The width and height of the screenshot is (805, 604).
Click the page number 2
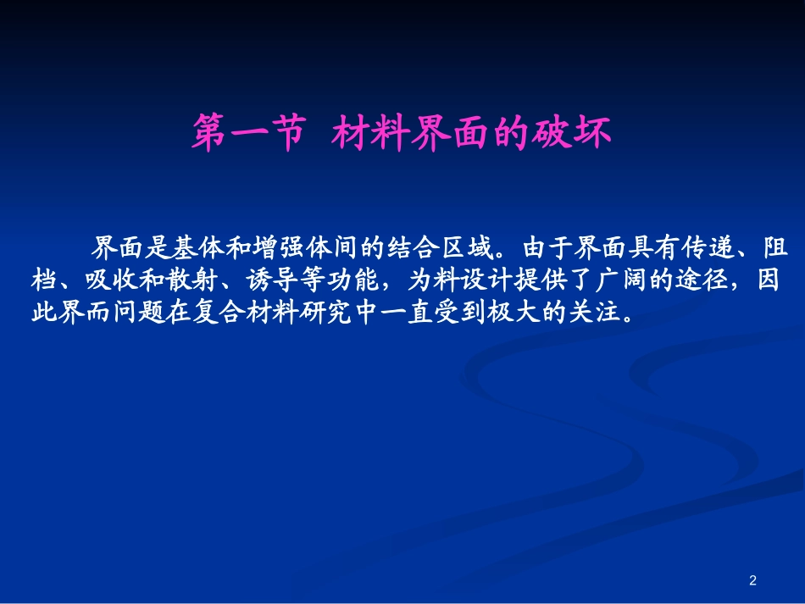[752, 580]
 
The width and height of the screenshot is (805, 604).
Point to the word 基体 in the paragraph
[197, 247]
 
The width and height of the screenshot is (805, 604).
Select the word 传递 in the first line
[708, 247]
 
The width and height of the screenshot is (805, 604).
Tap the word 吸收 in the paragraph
[112, 280]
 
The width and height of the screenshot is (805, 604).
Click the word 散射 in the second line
[192, 280]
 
